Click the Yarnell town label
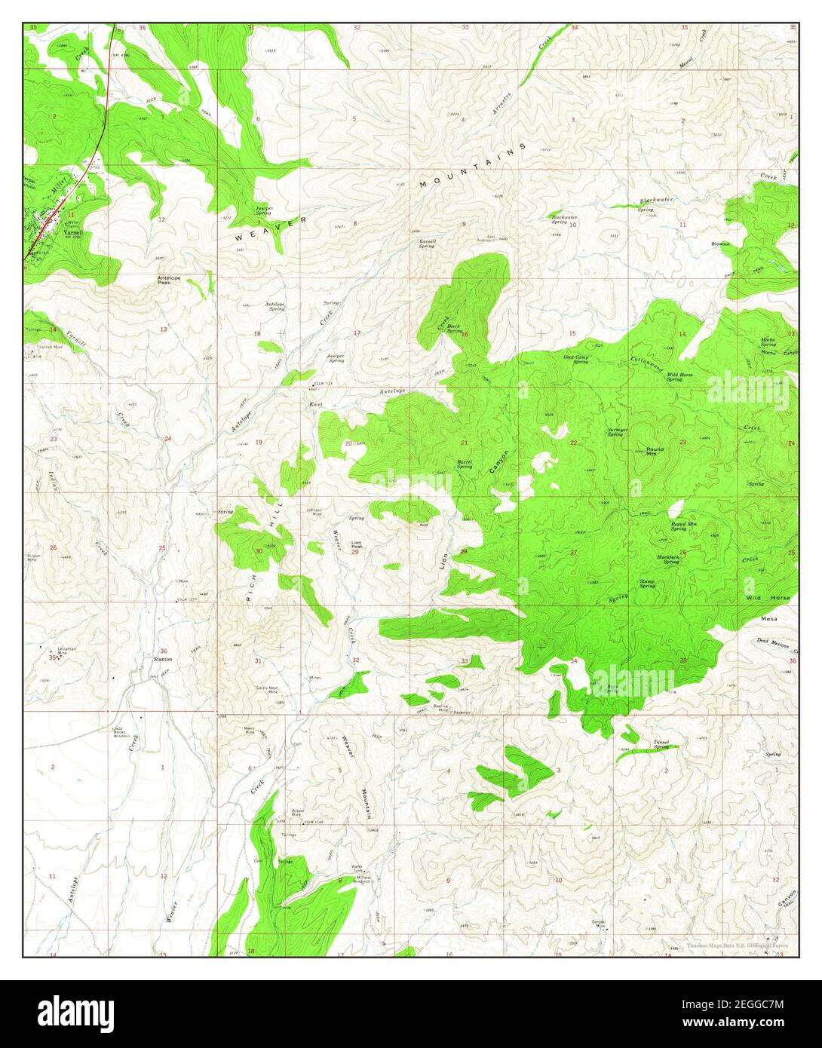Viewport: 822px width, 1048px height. (72, 234)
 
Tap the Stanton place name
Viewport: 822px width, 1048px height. (163, 659)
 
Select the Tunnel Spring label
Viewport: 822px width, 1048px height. (661, 744)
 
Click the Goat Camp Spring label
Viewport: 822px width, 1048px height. (576, 360)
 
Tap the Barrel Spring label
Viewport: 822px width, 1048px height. (465, 464)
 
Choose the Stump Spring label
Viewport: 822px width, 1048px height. (647, 584)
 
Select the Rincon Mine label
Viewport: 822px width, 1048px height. (34, 558)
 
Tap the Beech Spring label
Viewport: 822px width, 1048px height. (454, 329)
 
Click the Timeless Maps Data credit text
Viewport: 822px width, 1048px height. (737, 944)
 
